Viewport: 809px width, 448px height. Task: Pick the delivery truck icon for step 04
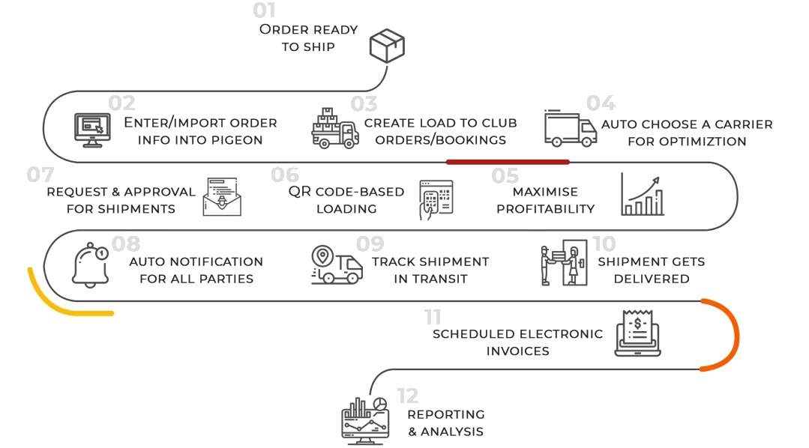(x=568, y=130)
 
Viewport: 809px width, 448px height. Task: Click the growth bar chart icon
(x=643, y=195)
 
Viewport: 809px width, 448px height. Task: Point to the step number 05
(x=505, y=176)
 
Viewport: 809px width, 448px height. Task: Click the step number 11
(x=433, y=316)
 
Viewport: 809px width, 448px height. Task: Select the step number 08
(x=126, y=243)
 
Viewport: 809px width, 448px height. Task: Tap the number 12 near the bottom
(x=408, y=395)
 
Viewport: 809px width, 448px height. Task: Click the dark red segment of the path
(x=508, y=161)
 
